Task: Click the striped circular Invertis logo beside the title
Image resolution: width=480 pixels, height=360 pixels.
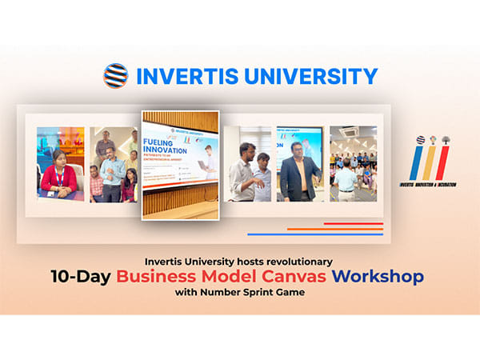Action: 116,76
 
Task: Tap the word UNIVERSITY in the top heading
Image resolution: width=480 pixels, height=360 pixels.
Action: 309,76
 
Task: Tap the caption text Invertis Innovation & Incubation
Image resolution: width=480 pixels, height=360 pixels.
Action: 430,185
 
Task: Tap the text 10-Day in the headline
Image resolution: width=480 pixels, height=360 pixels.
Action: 78,278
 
